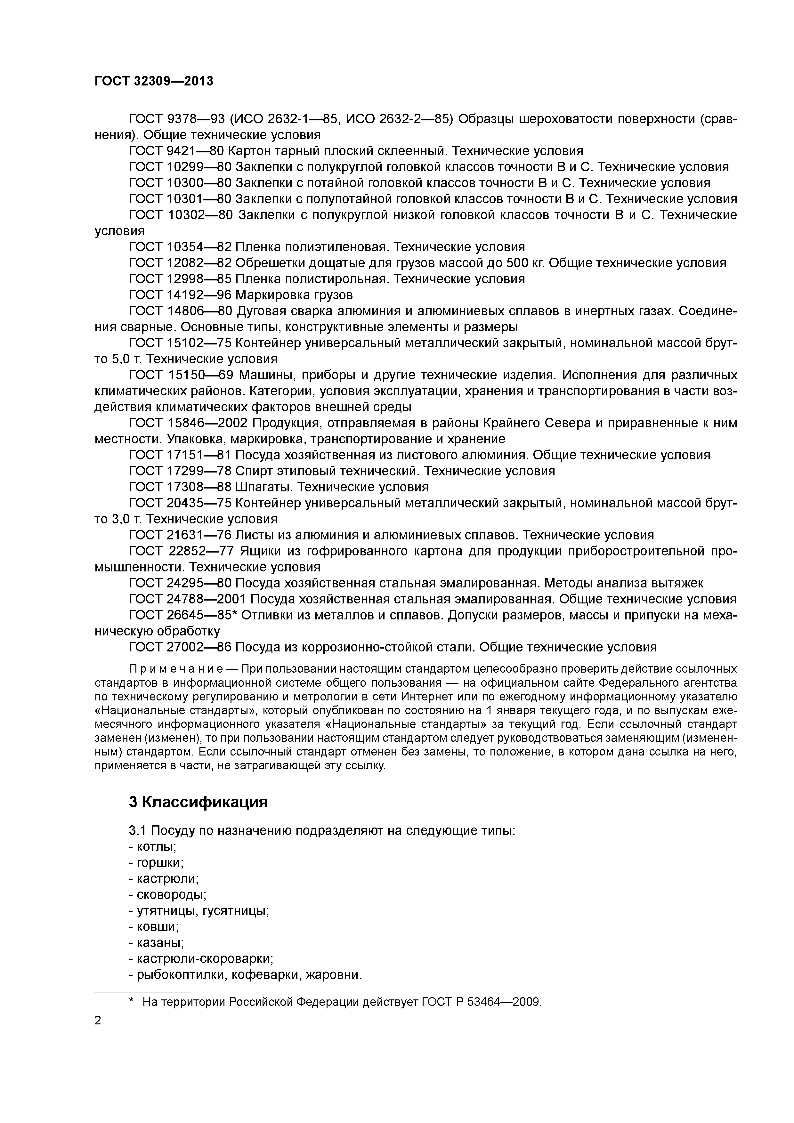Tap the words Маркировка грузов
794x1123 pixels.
point(294,295)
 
